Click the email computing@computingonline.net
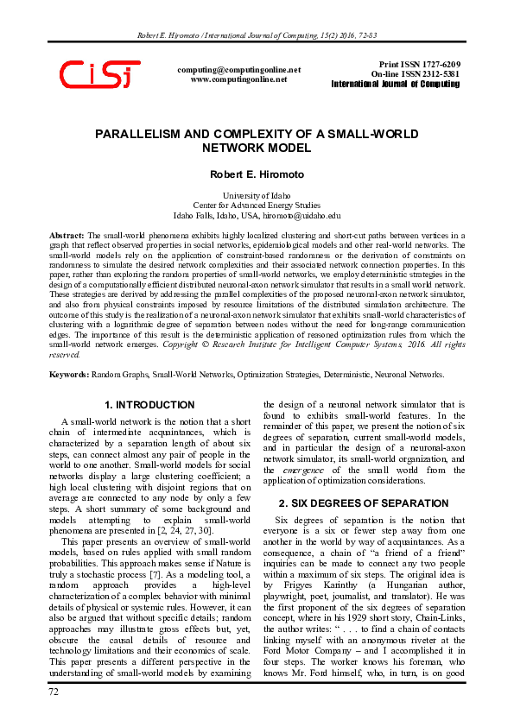pos(238,69)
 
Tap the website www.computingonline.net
pos(238,79)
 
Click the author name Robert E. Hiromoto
pos(257,174)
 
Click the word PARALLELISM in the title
pos(158,136)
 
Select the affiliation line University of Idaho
pos(257,196)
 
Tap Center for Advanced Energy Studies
pos(257,205)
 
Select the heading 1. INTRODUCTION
pos(149,405)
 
